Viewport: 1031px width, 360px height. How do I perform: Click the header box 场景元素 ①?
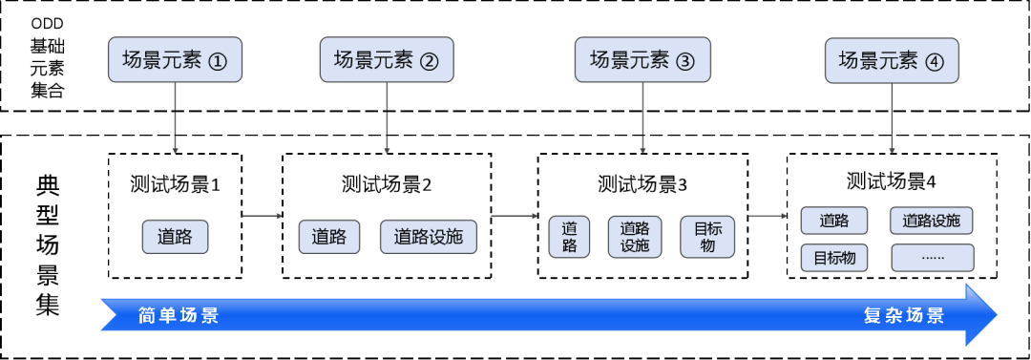coord(175,60)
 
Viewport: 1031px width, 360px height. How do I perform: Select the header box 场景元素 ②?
coord(387,60)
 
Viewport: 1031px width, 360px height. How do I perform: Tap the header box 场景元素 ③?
coord(642,60)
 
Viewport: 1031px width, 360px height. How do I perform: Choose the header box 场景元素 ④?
coord(892,60)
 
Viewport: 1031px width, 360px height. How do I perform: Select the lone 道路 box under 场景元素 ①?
coord(175,237)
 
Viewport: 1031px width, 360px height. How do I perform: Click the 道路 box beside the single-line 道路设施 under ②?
coord(329,237)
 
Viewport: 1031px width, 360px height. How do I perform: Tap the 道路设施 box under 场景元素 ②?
coord(429,237)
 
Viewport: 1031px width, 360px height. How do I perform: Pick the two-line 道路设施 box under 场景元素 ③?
coord(635,237)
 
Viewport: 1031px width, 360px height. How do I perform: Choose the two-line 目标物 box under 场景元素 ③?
coord(707,237)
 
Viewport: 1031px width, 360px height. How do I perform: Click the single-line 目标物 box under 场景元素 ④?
coord(834,258)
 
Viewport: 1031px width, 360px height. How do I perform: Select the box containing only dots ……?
coord(933,258)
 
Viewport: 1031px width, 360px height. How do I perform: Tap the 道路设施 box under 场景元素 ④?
coord(933,222)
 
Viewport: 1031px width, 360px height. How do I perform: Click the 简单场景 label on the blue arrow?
coord(179,316)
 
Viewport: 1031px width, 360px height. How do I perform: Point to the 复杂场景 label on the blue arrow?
coord(904,316)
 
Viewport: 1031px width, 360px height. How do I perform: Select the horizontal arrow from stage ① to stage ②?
coord(262,217)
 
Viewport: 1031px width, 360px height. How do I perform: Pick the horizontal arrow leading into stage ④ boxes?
coord(767,217)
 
